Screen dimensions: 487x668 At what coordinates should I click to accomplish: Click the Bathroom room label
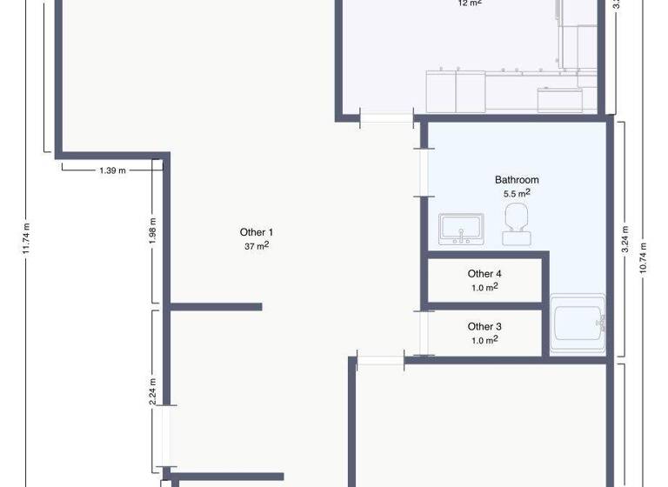pyautogui.click(x=517, y=180)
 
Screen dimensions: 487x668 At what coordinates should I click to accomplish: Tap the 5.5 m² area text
pyautogui.click(x=517, y=194)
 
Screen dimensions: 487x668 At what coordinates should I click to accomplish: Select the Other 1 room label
pyautogui.click(x=257, y=232)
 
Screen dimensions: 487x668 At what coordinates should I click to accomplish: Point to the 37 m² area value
pyautogui.click(x=257, y=246)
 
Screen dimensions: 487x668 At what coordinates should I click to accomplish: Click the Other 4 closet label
pyautogui.click(x=484, y=274)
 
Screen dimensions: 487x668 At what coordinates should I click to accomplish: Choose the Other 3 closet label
pyautogui.click(x=484, y=327)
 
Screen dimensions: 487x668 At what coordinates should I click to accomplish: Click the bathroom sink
pyautogui.click(x=460, y=229)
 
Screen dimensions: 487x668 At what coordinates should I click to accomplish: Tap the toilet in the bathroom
pyautogui.click(x=517, y=223)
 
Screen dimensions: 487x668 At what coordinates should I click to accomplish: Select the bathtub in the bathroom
pyautogui.click(x=577, y=324)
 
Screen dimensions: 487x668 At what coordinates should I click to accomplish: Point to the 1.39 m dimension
pyautogui.click(x=112, y=170)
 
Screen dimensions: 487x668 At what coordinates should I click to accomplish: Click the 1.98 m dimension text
pyautogui.click(x=153, y=232)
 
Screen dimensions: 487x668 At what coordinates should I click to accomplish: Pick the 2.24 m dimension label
pyautogui.click(x=153, y=392)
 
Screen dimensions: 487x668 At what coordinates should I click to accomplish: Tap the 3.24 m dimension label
pyautogui.click(x=625, y=239)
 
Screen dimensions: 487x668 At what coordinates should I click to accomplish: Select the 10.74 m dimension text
pyautogui.click(x=644, y=257)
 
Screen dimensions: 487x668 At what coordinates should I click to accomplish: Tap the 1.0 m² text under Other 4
pyautogui.click(x=484, y=287)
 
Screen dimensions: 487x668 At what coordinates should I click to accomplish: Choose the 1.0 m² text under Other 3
pyautogui.click(x=484, y=340)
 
